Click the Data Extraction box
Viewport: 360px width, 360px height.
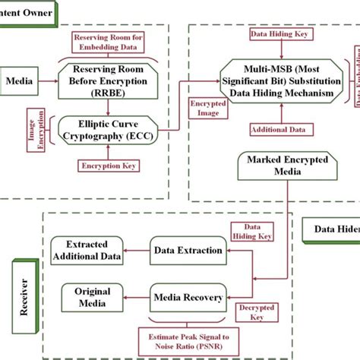pyautogui.click(x=189, y=250)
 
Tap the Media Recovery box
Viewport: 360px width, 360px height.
pyautogui.click(x=188, y=295)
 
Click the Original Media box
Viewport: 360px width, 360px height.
pyautogui.click(x=92, y=297)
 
